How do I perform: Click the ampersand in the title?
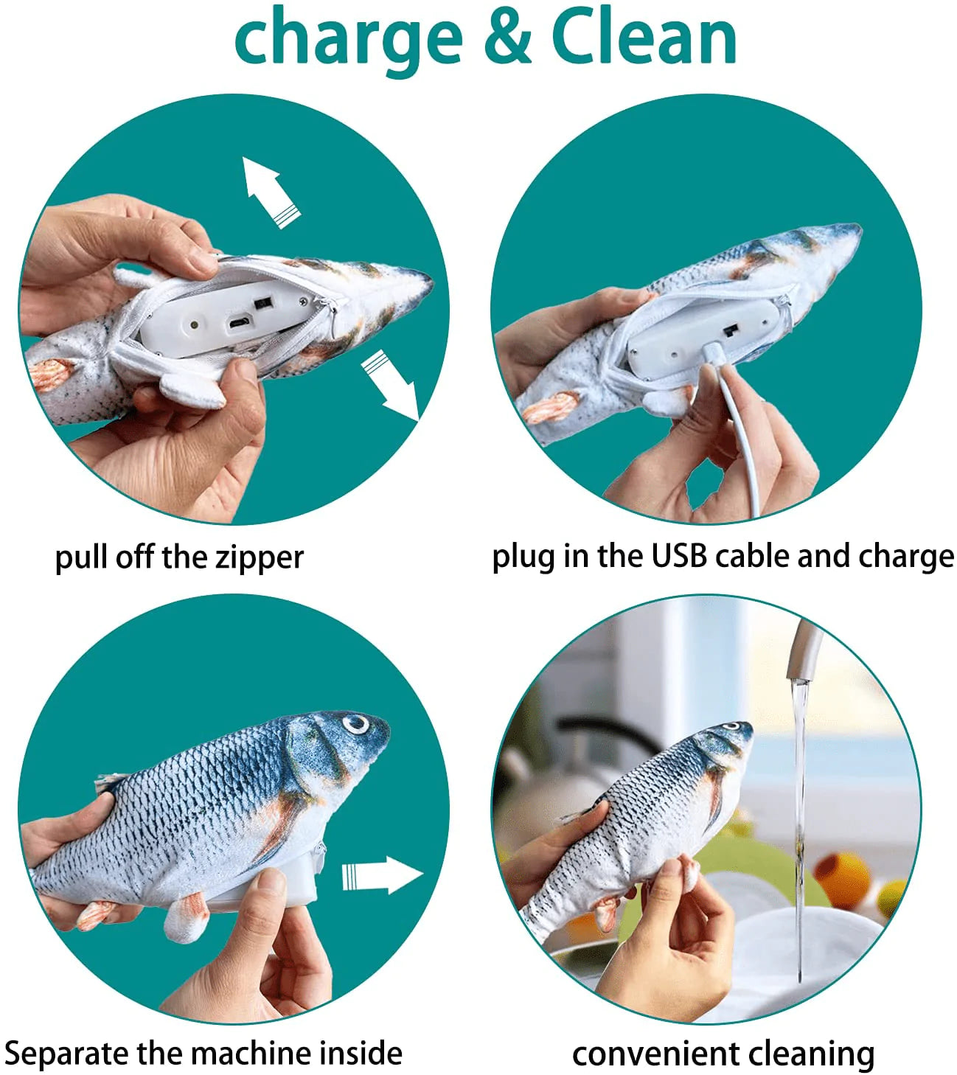coord(508,37)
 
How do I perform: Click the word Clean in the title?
coord(644,37)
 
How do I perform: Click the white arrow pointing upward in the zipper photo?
coord(271,192)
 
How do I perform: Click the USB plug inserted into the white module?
coord(712,351)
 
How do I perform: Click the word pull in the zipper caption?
coord(81,559)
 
